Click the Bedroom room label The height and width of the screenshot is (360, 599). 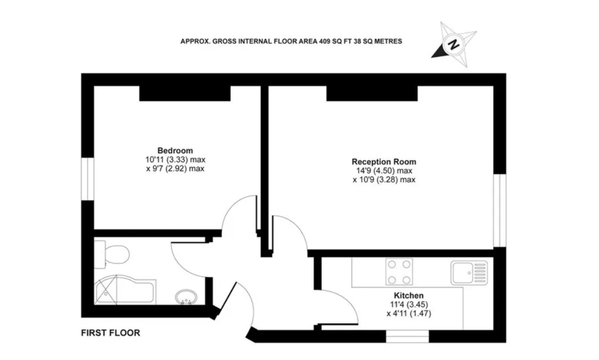click(x=174, y=150)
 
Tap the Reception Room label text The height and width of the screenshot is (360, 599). click(x=384, y=162)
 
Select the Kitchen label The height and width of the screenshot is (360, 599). click(x=408, y=296)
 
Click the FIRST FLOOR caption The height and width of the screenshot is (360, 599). click(x=110, y=333)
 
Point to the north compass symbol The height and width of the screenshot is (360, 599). click(x=453, y=44)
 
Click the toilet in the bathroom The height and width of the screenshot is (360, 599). click(x=113, y=253)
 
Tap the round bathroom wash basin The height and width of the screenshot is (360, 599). click(x=186, y=297)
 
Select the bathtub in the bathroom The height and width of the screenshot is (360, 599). click(x=124, y=291)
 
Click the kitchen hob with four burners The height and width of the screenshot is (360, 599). click(x=399, y=271)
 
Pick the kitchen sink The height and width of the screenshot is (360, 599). click(x=469, y=272)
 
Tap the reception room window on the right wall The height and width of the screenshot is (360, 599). click(x=499, y=211)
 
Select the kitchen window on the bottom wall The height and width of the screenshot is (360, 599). click(x=407, y=337)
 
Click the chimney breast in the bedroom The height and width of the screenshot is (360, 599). click(x=185, y=93)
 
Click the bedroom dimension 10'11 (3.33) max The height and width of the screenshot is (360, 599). click(x=174, y=160)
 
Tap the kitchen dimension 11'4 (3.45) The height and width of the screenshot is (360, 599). click(x=408, y=305)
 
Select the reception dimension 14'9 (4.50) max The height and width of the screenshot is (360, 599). click(x=384, y=171)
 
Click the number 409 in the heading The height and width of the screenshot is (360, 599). click(x=326, y=41)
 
